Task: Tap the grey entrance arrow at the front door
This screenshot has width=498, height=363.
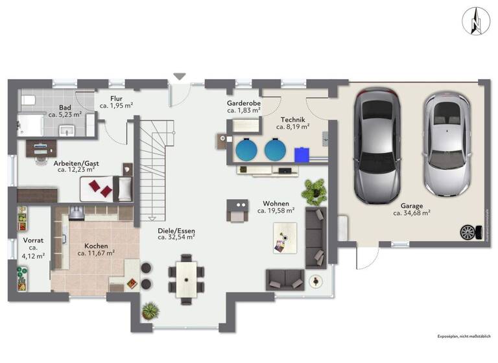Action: click(x=180, y=76)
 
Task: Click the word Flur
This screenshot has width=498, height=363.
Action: click(x=116, y=98)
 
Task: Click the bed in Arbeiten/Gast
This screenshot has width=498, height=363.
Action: click(x=107, y=188)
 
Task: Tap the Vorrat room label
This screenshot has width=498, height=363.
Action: click(x=33, y=240)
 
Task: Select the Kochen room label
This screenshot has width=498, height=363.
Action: click(x=95, y=246)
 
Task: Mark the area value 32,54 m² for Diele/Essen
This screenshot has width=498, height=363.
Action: click(x=176, y=238)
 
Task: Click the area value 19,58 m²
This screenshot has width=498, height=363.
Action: click(x=276, y=211)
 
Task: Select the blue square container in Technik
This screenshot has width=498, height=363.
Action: click(x=302, y=155)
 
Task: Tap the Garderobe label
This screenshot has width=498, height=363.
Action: click(x=244, y=103)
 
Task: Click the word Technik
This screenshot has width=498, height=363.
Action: click(x=293, y=120)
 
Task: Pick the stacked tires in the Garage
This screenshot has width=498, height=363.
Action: click(x=467, y=231)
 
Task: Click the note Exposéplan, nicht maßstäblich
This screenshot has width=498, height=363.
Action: click(x=463, y=336)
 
